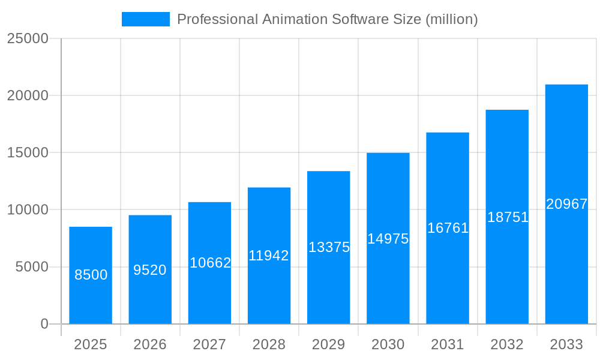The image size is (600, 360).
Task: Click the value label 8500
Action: coord(91,275)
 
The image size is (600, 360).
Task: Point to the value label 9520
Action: coord(150,270)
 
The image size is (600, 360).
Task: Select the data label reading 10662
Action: coord(210,263)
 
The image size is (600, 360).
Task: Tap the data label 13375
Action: coord(329,247)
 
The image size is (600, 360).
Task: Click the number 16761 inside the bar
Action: coord(448,228)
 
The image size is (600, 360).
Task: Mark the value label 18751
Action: coord(508,217)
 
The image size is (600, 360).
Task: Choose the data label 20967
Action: coord(566,204)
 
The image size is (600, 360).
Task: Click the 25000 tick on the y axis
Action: coord(27,38)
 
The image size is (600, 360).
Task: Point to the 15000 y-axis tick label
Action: coord(27,152)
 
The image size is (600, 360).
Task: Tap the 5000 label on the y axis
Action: coord(31,267)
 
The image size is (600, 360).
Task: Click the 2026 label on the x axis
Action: coord(150,344)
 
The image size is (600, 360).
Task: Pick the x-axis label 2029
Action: coord(329,344)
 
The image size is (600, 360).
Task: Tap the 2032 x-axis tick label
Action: coord(507,344)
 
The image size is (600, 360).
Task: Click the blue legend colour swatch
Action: coord(146,19)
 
